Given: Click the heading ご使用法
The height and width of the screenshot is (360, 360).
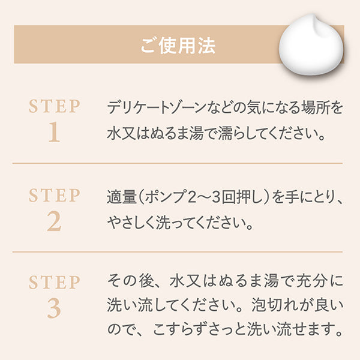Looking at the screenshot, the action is pyautogui.click(x=178, y=46).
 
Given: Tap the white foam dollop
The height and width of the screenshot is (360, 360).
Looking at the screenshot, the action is pyautogui.click(x=311, y=46).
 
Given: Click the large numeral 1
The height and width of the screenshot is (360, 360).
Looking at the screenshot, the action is pyautogui.click(x=55, y=132).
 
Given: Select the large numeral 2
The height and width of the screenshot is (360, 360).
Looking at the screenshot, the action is pyautogui.click(x=54, y=221).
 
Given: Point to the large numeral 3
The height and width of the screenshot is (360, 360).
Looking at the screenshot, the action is pyautogui.click(x=54, y=308).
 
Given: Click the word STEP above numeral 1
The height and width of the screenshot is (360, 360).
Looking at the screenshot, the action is pyautogui.click(x=55, y=106).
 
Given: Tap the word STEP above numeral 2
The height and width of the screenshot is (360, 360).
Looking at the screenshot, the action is pyautogui.click(x=55, y=196).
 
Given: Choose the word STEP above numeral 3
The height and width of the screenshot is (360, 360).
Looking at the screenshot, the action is pyautogui.click(x=55, y=282).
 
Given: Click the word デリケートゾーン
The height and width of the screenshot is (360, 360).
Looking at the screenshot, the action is pyautogui.click(x=157, y=107).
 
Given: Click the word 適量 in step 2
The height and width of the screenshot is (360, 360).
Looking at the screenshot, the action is pyautogui.click(x=122, y=197).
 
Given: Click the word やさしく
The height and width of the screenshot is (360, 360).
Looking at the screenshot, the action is pyautogui.click(x=131, y=223).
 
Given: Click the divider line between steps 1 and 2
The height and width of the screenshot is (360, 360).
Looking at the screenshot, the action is pyautogui.click(x=178, y=163).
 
